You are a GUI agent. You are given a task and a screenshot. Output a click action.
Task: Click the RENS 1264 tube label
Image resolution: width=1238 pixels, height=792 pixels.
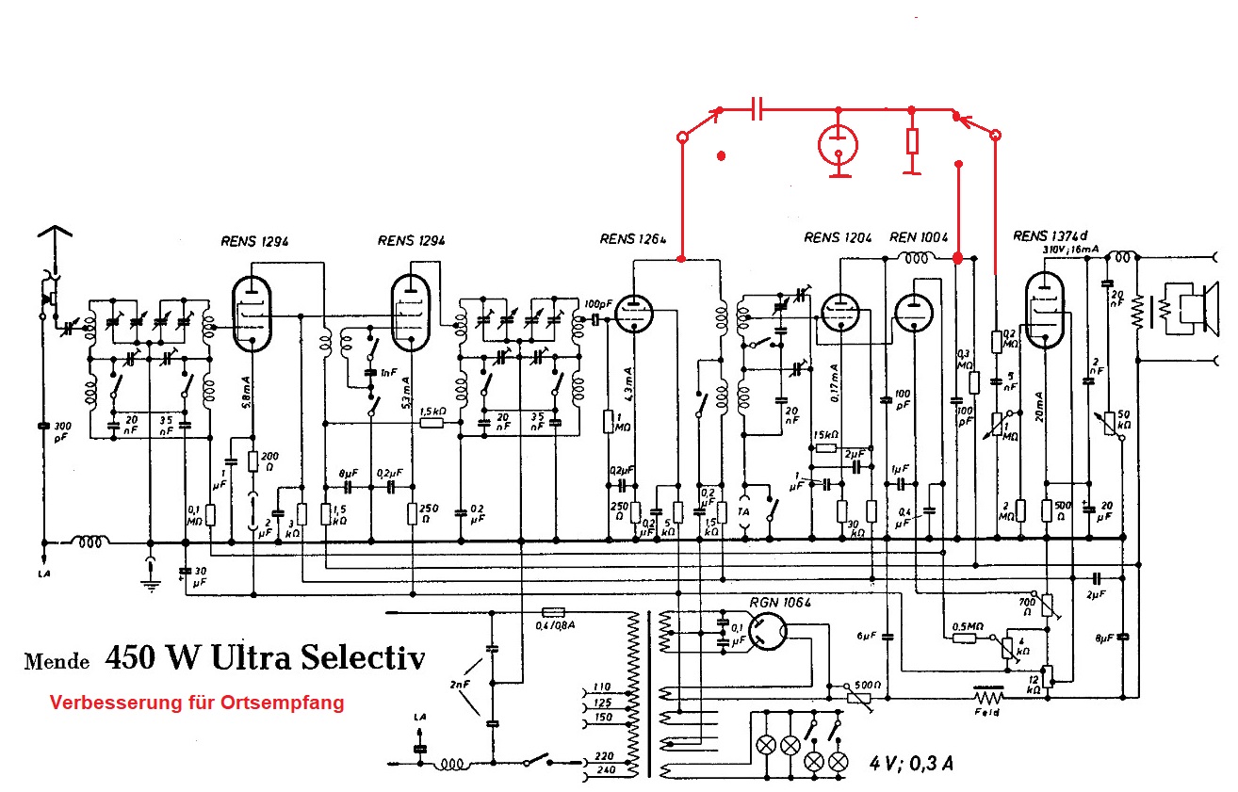633,239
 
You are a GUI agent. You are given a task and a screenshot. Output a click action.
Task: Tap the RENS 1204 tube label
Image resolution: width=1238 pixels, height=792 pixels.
835,237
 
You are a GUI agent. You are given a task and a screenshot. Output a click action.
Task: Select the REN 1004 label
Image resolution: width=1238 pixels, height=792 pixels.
919,237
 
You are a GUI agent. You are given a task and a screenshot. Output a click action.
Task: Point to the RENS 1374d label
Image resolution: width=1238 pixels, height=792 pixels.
1050,235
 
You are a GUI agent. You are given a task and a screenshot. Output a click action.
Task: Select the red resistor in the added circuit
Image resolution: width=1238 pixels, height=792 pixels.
911,141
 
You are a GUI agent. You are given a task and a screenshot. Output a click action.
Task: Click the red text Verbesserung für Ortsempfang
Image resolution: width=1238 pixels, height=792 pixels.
196,703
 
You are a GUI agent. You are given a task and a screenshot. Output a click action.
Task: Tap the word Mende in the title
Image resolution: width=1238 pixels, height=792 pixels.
57,661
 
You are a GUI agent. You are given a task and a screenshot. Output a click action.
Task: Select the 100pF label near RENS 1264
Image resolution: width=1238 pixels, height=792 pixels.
595,304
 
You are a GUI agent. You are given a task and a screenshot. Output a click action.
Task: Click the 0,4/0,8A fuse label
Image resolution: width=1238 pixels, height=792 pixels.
556,625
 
